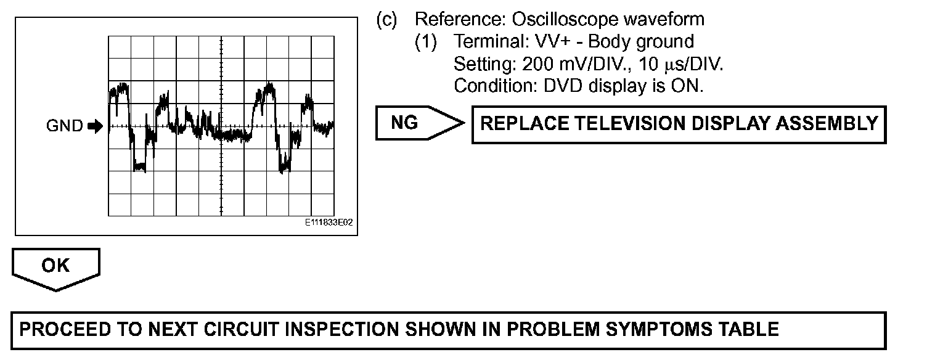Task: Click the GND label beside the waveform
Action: click(64, 126)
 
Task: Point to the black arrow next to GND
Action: click(95, 126)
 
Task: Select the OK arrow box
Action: click(55, 268)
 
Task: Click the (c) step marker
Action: click(386, 20)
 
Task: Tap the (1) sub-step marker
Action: click(425, 42)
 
